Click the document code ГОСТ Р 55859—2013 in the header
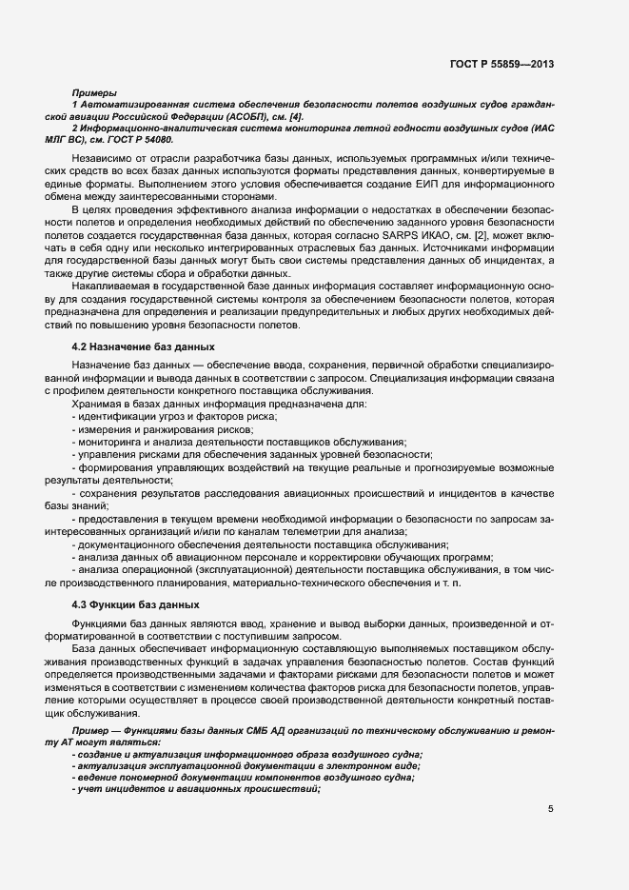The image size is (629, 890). [x=501, y=64]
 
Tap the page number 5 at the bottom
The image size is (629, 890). [x=550, y=809]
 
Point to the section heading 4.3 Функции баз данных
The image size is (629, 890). [x=135, y=604]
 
